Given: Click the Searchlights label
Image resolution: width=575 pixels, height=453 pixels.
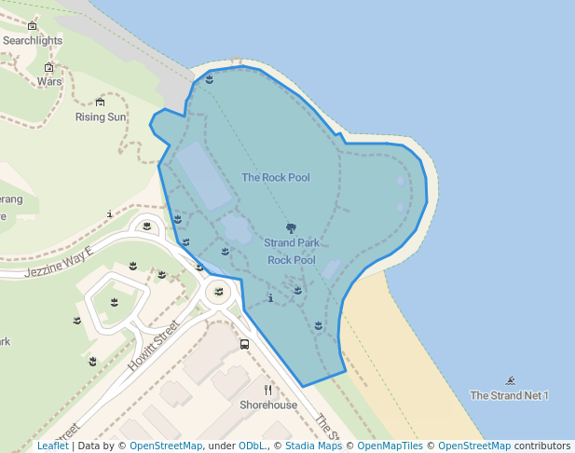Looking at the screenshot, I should point(33,41).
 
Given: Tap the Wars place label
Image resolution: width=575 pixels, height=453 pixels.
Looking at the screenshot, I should point(49,81).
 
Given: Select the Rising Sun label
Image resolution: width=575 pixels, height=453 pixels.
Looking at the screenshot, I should point(101,117).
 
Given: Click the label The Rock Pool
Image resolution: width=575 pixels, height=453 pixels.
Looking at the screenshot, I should point(276,177).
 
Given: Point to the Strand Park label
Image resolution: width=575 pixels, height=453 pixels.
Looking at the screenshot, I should point(292,243).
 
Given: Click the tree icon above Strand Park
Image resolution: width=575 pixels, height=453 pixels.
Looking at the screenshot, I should point(292,228).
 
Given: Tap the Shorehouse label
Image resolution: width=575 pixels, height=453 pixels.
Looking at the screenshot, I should point(268,405).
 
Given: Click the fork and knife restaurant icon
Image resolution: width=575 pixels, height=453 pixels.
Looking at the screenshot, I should point(268,390).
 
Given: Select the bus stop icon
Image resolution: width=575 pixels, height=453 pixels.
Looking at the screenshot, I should point(244,344).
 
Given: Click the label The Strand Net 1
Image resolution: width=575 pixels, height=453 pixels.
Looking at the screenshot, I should point(509,395).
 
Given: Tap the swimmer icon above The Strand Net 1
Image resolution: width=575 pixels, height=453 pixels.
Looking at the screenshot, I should point(511,380).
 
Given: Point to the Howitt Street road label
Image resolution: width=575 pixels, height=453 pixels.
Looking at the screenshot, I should point(153,346).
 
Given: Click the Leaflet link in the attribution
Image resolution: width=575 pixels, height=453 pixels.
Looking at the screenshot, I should point(52,446).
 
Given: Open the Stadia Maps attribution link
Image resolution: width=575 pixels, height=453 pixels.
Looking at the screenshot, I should point(313,446).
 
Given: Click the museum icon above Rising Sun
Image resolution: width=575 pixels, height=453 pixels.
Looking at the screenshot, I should point(101,102).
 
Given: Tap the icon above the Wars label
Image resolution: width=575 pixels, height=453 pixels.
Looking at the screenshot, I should point(49,67).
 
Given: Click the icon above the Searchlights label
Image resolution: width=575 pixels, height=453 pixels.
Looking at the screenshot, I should point(33,26).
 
